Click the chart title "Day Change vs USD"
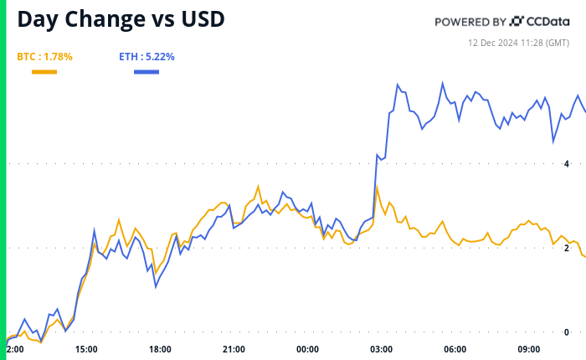[x=121, y=19]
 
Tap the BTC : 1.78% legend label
[x=44, y=57]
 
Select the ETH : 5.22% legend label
[x=146, y=57]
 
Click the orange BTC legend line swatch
[x=44, y=72]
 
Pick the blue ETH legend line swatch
[x=146, y=72]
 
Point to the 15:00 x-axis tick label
[x=86, y=349]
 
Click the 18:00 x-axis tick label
[x=160, y=349]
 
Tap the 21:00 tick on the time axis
[x=234, y=349]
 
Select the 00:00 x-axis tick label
[x=307, y=349]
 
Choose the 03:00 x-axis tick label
[x=381, y=349]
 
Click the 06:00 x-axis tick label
[x=455, y=349]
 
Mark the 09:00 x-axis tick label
[x=528, y=349]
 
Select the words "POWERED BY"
[x=470, y=22]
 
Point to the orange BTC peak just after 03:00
[x=377, y=186]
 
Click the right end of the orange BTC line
[x=584, y=256]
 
